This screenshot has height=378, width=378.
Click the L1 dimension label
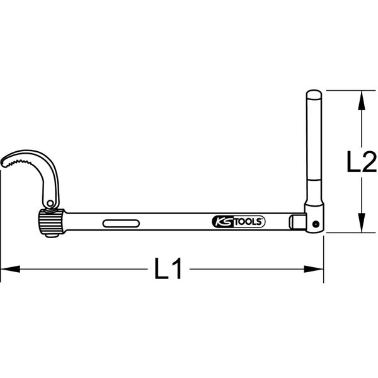[169, 270]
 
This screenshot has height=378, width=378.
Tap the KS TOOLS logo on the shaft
[237, 222]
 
